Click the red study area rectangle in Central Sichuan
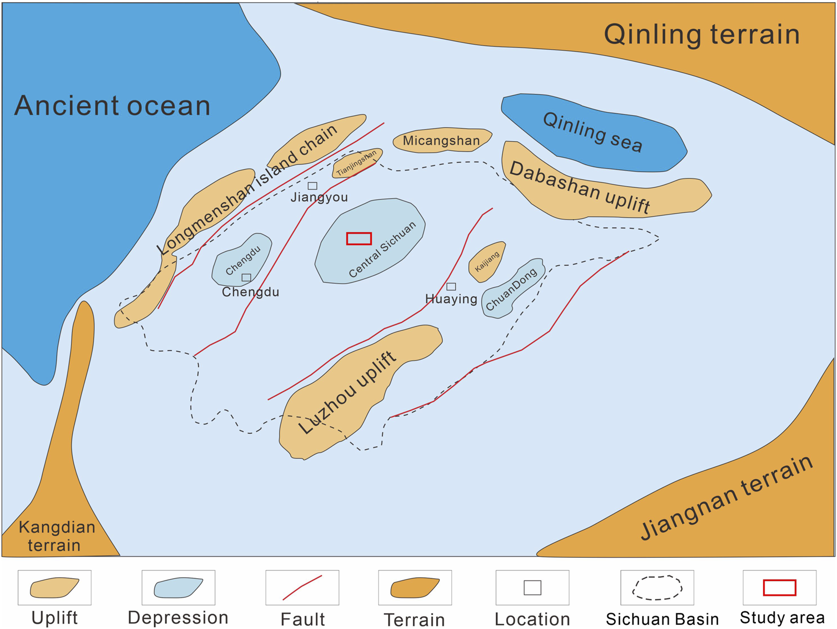359,239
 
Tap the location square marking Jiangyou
312,186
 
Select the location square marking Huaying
451,287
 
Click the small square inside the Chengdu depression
246,277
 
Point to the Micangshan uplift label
441,141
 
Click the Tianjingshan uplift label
356,163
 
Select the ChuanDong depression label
511,289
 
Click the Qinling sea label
592,132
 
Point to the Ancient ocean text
112,106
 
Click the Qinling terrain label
702,35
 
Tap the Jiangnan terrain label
727,497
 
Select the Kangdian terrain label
56,536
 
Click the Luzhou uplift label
347,392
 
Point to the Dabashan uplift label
580,187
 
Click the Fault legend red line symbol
302,588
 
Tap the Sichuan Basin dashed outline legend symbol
657,588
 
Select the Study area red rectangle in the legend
779,588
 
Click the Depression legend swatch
178,588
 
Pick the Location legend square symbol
533,588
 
